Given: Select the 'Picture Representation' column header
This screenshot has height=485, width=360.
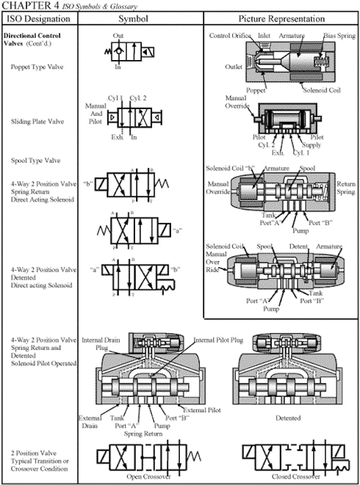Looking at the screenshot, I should coord(281,19).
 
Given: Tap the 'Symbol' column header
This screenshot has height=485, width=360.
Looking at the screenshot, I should coord(133,19).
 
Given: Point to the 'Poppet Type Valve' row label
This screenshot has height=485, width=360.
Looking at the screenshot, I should coord(37,67).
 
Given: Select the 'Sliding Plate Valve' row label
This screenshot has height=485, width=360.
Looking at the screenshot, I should coord(37,121).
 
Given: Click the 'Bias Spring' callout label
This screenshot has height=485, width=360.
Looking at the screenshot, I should coord(339,35).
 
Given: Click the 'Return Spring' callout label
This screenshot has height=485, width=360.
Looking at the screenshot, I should coord(346,188).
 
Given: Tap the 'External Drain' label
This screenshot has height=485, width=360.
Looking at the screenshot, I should coord(91,421).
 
